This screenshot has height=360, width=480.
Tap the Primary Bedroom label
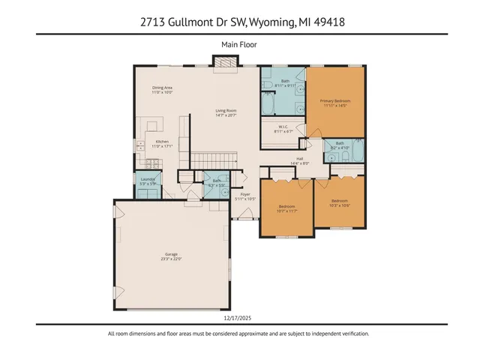[x=335, y=102]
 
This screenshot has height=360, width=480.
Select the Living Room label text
[x=226, y=113]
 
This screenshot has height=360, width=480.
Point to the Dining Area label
[x=162, y=90]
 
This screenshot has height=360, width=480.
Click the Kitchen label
[x=162, y=144]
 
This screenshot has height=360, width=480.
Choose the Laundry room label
[x=147, y=181]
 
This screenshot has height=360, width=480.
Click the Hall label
[x=299, y=160]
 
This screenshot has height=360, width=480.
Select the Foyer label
[x=244, y=196]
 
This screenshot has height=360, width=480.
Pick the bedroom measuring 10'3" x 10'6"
[x=340, y=202]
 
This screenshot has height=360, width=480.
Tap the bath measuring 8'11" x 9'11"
[x=285, y=82]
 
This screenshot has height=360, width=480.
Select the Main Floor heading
[x=239, y=44]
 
